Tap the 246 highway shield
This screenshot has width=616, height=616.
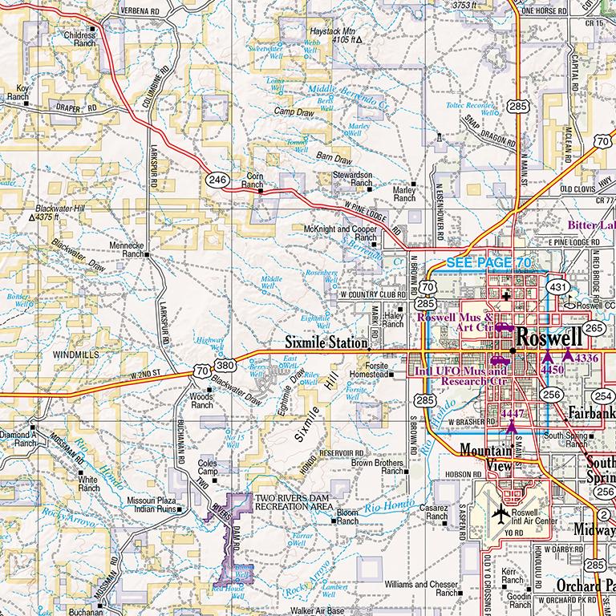214,180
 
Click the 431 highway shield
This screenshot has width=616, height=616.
558,286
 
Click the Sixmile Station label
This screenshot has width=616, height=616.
326,342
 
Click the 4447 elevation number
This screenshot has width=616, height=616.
511,412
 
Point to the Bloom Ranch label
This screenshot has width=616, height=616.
347,516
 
